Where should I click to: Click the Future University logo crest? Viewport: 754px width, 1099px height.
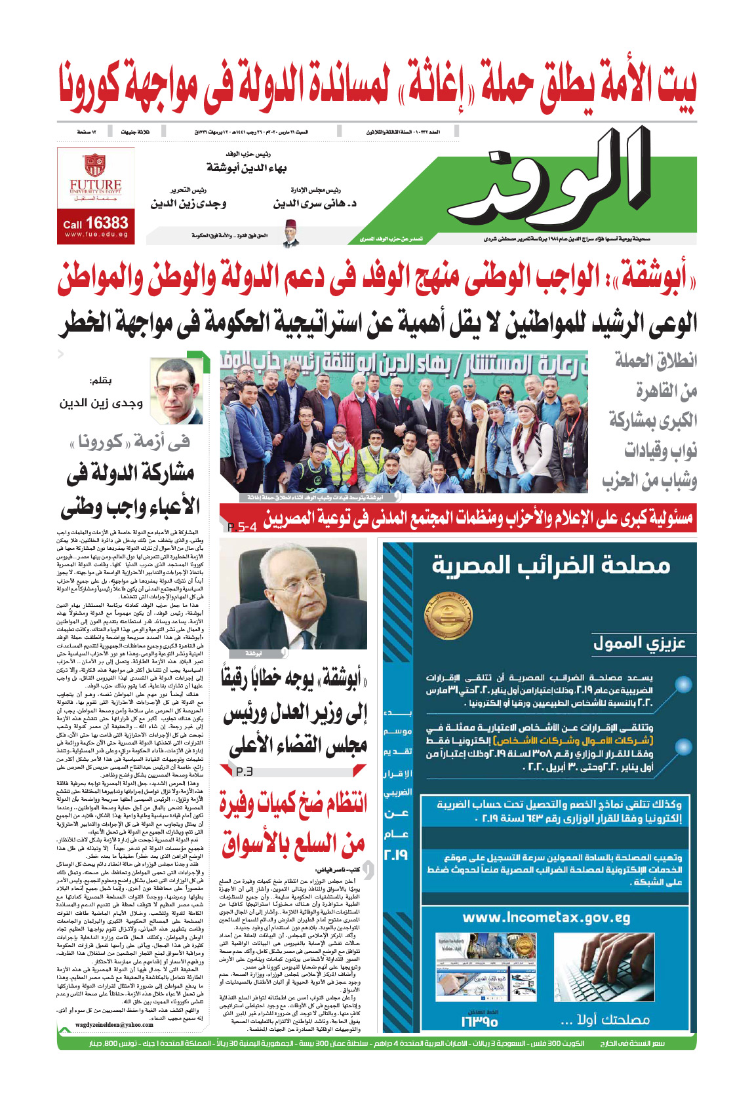pyautogui.click(x=96, y=164)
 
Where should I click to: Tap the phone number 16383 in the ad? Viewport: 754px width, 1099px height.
pyautogui.click(x=106, y=223)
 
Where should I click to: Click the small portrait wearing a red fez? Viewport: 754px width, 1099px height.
pyautogui.click(x=290, y=233)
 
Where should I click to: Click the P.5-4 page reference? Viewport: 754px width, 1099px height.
pyautogui.click(x=242, y=527)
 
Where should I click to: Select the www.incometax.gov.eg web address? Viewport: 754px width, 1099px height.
pyautogui.click(x=546, y=917)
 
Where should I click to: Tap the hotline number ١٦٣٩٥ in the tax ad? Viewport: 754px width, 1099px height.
pyautogui.click(x=479, y=1021)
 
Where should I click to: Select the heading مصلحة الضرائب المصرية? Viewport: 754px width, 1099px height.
pyautogui.click(x=551, y=565)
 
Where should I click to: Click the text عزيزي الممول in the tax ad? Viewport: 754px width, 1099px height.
pyautogui.click(x=639, y=644)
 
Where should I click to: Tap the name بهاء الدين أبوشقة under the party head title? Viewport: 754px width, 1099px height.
pyautogui.click(x=247, y=168)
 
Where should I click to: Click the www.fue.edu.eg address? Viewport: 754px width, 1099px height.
pyautogui.click(x=96, y=235)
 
